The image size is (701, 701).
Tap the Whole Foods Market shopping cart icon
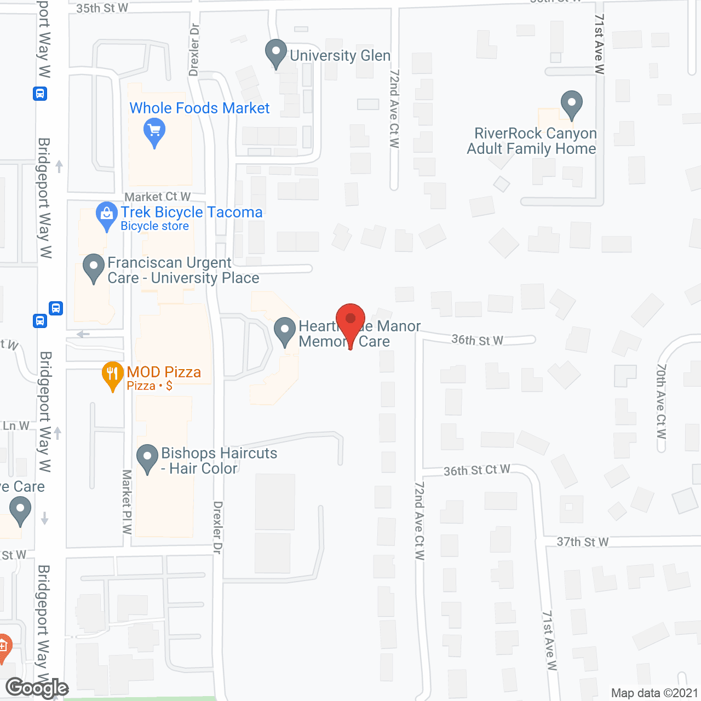[x=154, y=132]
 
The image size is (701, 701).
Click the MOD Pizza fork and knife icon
[x=112, y=374]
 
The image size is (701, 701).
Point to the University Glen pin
[x=276, y=53]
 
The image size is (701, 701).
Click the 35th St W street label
[x=102, y=8]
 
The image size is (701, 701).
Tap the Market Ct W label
[x=158, y=197]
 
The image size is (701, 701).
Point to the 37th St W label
[x=583, y=542]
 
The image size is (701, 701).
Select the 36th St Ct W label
[x=476, y=470]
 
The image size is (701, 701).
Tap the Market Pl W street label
[x=127, y=501]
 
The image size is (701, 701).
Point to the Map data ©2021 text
[x=654, y=693]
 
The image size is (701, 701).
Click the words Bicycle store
[x=154, y=226]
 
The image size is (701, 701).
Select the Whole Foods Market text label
[x=199, y=108]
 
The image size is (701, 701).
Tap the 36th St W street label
[x=477, y=340]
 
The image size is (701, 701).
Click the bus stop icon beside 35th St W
[x=40, y=94]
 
